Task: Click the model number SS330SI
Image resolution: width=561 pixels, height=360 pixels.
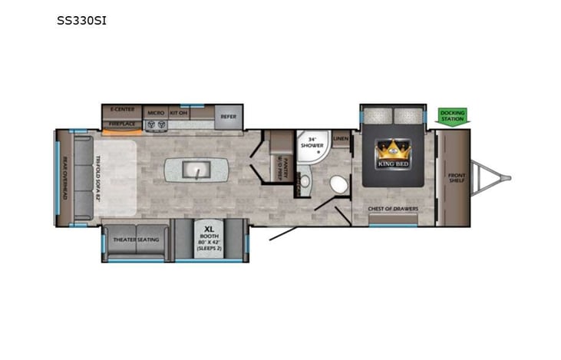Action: point(81,21)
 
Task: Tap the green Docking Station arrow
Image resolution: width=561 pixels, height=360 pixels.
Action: point(452,116)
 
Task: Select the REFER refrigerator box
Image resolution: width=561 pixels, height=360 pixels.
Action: point(228,117)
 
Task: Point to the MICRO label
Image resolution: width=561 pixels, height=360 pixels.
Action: point(156,112)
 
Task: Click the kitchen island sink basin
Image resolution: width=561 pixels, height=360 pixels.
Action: point(198,170)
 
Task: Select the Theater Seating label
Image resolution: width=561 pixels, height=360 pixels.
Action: point(136,239)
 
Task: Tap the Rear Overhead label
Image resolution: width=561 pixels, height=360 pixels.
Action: point(64,178)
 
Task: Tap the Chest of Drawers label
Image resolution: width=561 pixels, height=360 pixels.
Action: point(392,209)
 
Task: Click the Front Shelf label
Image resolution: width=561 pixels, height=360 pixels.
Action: point(457,178)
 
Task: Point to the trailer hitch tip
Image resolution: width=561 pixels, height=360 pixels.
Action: point(508,178)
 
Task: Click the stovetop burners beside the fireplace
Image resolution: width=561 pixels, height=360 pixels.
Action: point(156,124)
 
